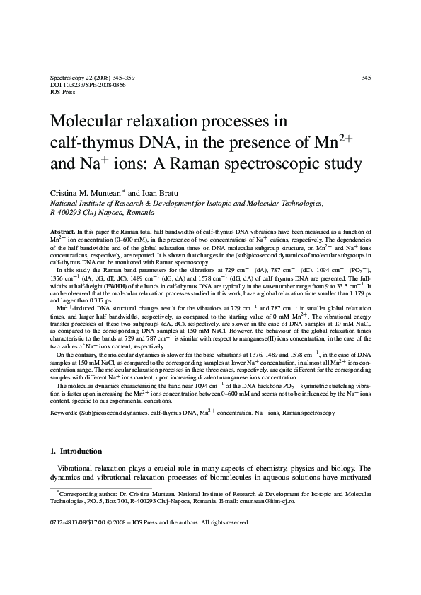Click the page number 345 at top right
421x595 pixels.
366,77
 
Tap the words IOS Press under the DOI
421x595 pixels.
63,92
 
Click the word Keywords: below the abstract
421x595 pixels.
64,411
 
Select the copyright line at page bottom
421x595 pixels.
149,523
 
